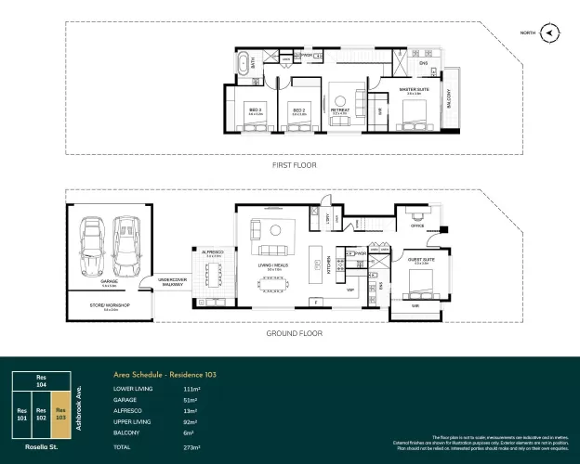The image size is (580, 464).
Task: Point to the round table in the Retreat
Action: (x=340, y=100)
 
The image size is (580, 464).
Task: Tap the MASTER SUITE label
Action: (x=411, y=90)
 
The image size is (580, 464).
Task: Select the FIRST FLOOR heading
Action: (x=294, y=165)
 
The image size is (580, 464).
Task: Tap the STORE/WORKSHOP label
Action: (x=110, y=303)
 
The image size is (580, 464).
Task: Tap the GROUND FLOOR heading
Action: (x=294, y=330)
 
